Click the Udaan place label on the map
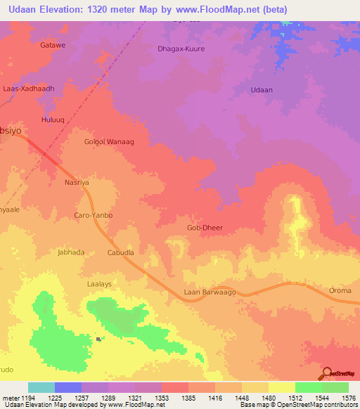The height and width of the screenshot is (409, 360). tap(262, 90)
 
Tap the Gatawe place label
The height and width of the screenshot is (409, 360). tap(53, 45)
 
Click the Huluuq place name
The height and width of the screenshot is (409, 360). tap(54, 120)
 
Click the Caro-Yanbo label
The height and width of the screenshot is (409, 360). tap(94, 215)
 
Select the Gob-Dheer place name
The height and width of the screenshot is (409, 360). tap(205, 228)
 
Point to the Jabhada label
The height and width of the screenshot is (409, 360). tap(71, 252)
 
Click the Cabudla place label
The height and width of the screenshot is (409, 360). tap(120, 252)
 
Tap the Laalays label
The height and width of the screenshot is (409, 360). tap(99, 278)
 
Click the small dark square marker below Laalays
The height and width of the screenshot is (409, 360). tap(98, 339)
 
